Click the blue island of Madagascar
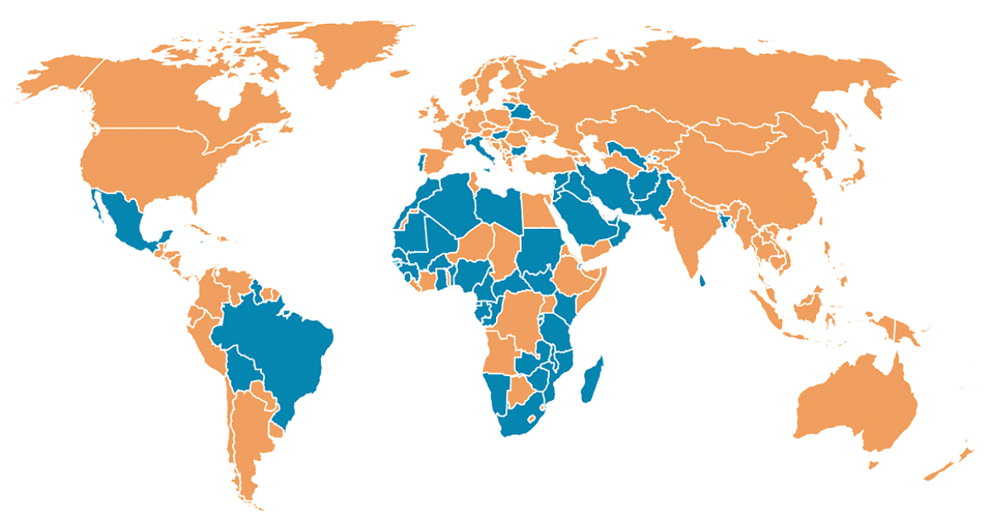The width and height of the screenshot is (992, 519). [x=592, y=382]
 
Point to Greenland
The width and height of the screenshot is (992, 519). [x=347, y=50]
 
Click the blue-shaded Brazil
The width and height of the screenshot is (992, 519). [x=281, y=347]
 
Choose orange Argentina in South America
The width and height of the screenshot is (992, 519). [x=248, y=430]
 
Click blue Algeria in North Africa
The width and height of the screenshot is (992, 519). [x=451, y=202]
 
